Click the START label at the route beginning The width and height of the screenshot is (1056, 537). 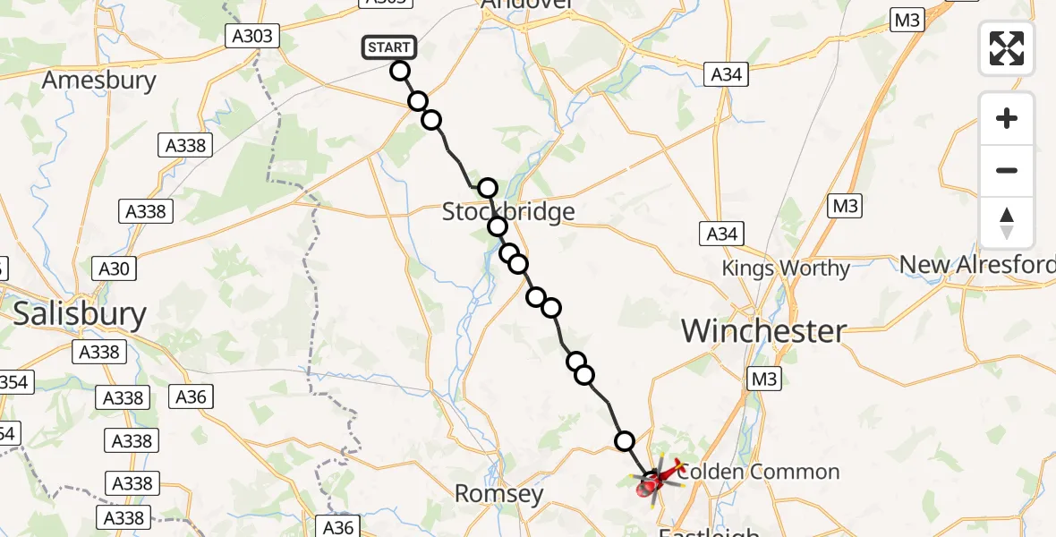click(388, 47)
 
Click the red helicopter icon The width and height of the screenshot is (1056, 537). click(655, 481)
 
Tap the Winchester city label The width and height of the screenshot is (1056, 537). click(763, 331)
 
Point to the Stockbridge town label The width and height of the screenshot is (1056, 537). click(508, 212)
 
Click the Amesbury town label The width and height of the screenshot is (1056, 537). click(99, 81)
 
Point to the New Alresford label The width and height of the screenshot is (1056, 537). click(976, 265)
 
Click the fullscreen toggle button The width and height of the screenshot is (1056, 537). click(1007, 47)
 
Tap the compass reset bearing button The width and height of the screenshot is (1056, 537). click(1007, 223)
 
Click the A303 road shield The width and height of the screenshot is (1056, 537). click(251, 36)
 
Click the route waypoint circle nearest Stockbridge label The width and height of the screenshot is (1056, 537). click(498, 226)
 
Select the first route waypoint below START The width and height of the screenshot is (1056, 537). click(400, 71)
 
